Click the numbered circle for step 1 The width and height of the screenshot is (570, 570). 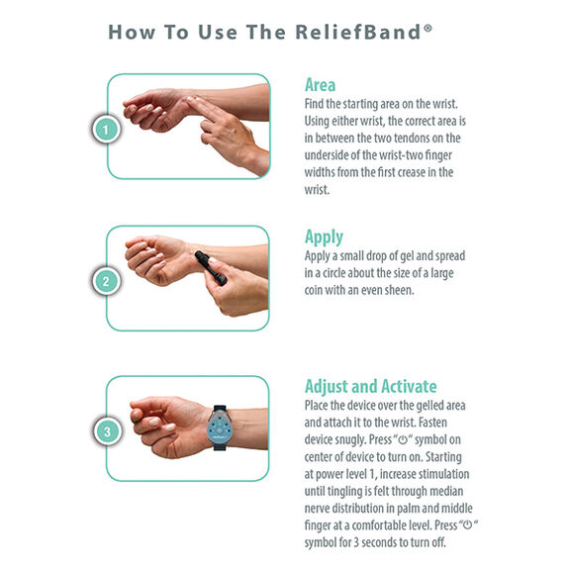(x=107, y=128)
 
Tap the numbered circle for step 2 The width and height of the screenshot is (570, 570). (x=107, y=280)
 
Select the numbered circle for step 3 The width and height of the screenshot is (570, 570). (x=107, y=430)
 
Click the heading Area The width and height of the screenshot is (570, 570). (x=321, y=85)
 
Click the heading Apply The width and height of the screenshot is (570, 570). (x=325, y=237)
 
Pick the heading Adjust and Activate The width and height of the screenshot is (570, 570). (x=370, y=387)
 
